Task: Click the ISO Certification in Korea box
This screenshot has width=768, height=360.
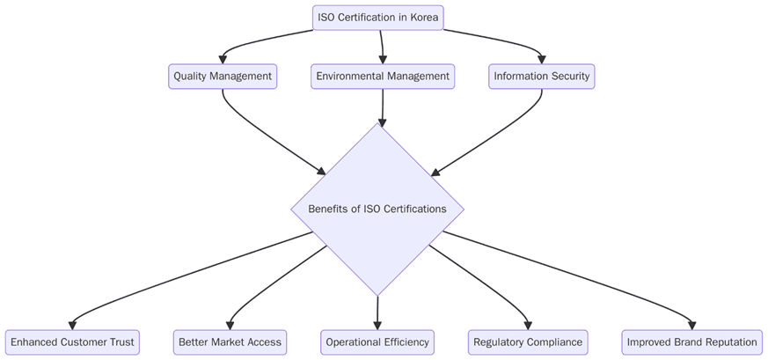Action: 377,18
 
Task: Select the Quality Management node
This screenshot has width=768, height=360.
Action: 223,77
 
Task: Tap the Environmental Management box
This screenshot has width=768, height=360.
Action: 383,77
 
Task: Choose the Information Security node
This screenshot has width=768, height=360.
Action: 541,77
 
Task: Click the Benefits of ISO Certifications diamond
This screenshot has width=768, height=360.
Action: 377,209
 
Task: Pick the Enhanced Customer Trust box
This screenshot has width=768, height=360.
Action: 72,342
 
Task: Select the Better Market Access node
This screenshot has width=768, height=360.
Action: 230,342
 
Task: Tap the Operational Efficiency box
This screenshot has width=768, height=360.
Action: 377,342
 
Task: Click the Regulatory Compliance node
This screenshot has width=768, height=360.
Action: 527,342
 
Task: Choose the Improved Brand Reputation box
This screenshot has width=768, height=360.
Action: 691,342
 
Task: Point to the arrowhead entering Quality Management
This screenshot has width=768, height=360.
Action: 223,59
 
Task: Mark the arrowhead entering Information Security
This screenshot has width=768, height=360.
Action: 541,59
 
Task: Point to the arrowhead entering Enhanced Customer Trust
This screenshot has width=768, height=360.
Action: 72,325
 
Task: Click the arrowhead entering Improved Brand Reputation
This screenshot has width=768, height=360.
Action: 692,325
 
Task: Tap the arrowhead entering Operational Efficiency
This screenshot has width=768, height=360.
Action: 377,325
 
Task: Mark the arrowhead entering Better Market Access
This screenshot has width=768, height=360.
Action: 230,325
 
